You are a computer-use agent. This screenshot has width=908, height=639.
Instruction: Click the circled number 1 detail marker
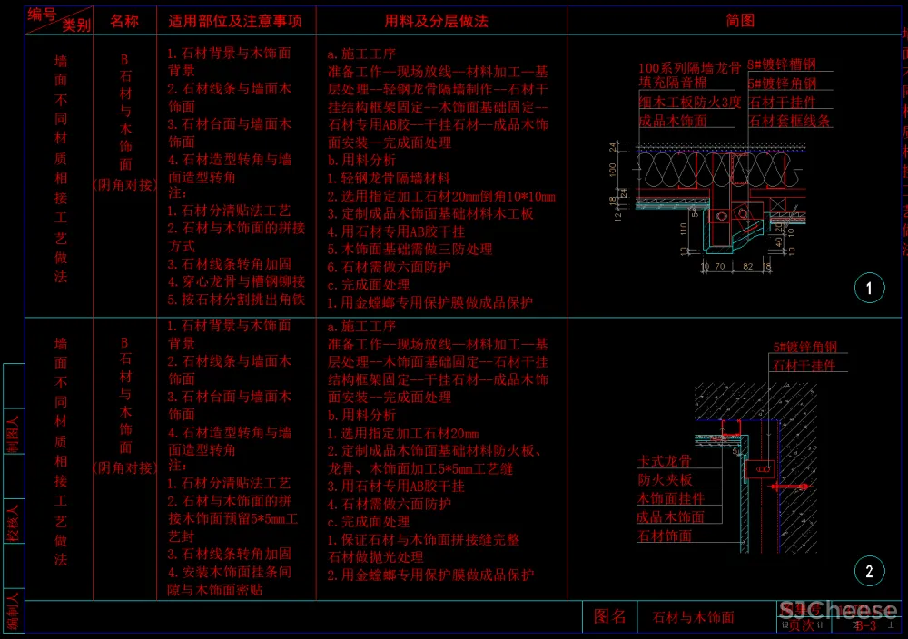point(869,289)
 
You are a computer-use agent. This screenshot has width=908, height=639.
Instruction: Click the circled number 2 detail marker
point(869,571)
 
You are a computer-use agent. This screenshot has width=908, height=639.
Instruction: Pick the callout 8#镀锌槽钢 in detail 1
point(782,65)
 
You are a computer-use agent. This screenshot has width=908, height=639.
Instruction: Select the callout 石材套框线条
point(789,121)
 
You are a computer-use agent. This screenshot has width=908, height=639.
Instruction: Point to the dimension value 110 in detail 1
point(682,230)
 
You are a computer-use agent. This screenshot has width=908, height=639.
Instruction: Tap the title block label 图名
point(609,617)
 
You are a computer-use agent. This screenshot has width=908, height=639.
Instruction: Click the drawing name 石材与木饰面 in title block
point(694,618)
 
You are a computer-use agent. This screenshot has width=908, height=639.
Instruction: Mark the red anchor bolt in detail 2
point(791,487)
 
